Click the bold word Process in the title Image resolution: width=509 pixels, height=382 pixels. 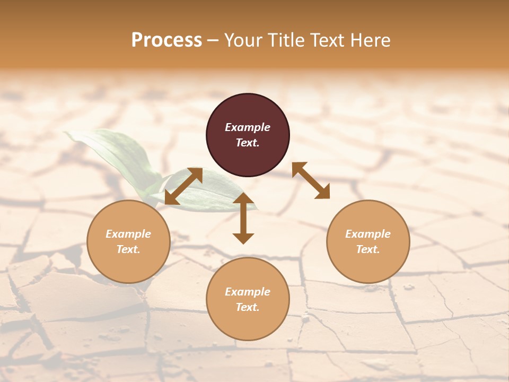[166, 40]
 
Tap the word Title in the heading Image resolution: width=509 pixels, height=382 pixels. [287, 40]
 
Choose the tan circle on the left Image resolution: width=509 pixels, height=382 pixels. [128, 260]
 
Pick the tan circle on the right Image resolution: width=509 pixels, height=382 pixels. [368, 260]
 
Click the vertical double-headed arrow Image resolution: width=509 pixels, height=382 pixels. [243, 218]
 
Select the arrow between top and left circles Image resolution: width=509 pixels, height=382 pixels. [183, 186]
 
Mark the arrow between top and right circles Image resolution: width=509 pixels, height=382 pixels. [311, 180]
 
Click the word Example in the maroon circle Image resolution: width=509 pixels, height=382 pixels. [248, 127]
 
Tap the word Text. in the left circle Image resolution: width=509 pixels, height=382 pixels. [128, 249]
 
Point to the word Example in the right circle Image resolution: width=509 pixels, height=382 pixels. [368, 234]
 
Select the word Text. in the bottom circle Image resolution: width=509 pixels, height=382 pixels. [248, 307]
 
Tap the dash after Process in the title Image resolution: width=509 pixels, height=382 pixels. [213, 40]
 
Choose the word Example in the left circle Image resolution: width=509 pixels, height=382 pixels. [128, 234]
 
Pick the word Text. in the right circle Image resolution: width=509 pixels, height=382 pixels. [368, 249]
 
